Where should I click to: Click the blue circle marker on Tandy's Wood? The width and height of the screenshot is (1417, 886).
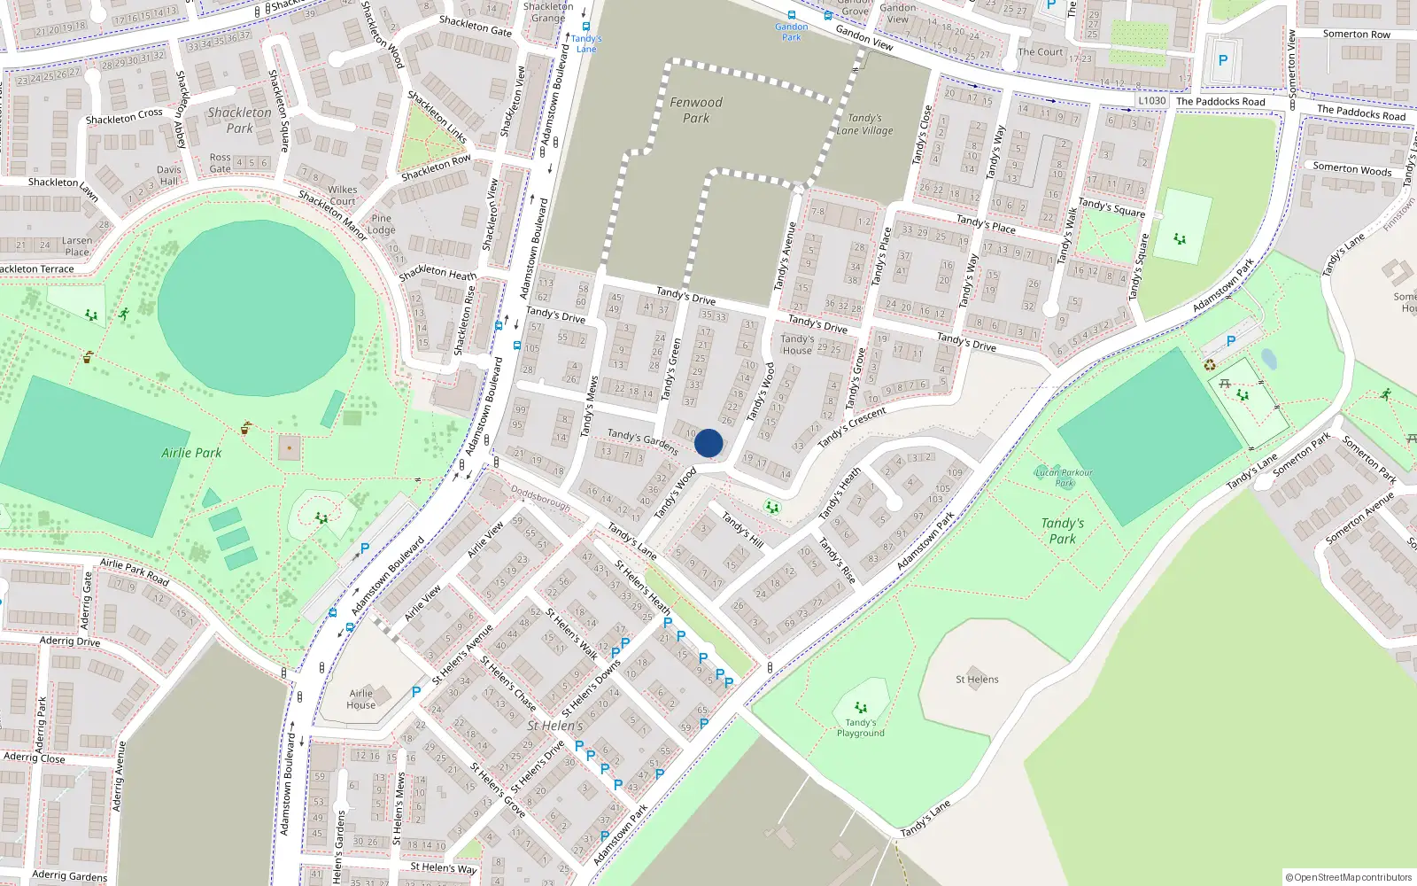(708, 443)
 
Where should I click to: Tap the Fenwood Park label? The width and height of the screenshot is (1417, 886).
(696, 110)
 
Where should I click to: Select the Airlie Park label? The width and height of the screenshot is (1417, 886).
(191, 453)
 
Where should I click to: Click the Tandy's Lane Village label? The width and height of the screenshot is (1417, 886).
(864, 124)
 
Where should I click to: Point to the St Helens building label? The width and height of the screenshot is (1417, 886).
(977, 680)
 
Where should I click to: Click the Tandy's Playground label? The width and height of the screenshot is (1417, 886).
(861, 727)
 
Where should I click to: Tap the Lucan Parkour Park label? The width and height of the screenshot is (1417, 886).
(1064, 478)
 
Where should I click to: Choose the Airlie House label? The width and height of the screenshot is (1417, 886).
(360, 699)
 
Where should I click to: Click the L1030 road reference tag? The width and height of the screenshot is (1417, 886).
(1152, 101)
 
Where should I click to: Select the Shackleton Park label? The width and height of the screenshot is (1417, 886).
(239, 120)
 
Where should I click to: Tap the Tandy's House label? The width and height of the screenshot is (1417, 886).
(797, 345)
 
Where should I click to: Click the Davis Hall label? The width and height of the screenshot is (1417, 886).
(168, 175)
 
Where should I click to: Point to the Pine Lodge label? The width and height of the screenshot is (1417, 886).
(382, 224)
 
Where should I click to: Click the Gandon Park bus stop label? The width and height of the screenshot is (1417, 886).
(791, 32)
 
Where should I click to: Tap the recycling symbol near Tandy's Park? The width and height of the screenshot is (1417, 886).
(1210, 365)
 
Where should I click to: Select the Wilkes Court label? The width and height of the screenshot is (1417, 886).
(343, 195)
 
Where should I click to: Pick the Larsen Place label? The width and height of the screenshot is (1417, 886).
(77, 246)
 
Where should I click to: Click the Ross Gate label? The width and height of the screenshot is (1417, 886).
(221, 163)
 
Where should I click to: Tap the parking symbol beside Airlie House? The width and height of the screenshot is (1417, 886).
(416, 692)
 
